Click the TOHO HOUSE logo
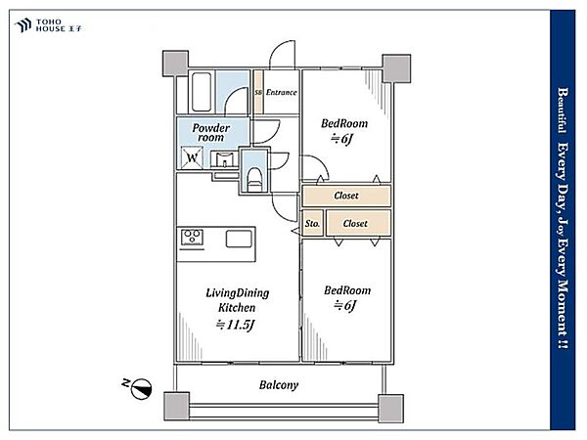48,25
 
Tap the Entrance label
281,92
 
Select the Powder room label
210,132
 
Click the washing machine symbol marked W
192,157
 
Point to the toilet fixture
254,179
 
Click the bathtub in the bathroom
202,92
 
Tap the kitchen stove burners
192,238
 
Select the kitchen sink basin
239,239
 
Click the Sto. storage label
312,223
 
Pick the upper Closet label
346,196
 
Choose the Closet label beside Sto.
355,223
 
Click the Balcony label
279,385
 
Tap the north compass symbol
142,389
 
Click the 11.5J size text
236,325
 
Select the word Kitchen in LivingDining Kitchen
237,308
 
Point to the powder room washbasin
224,159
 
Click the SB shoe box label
258,92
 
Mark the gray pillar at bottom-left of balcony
177,407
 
